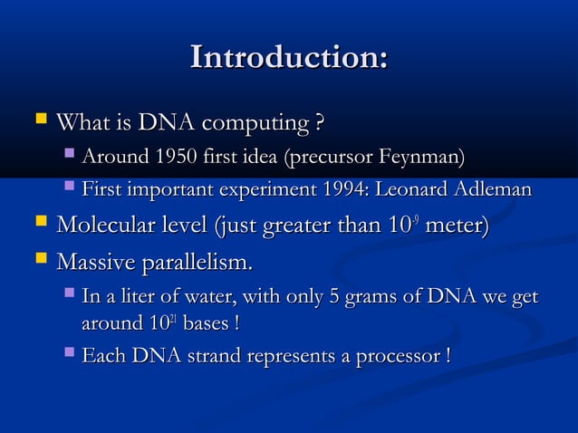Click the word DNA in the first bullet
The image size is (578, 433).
click(167, 121)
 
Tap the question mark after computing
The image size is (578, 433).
click(319, 121)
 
